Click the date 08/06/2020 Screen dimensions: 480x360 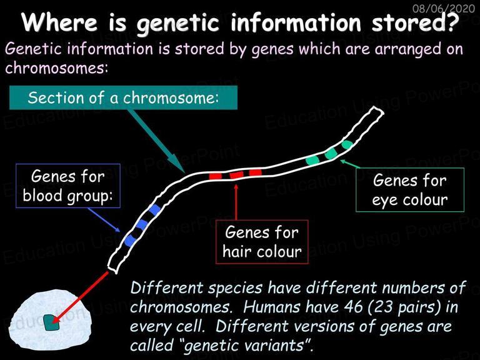point(444,8)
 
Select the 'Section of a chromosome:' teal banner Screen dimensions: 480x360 point(123,97)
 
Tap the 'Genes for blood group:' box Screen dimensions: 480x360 point(68,186)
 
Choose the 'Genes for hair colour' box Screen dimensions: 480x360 point(262,242)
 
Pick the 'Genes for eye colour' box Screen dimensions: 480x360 point(410,189)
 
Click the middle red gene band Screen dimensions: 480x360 point(237,175)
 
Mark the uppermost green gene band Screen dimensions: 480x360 point(347,144)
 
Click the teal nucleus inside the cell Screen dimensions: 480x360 point(51,322)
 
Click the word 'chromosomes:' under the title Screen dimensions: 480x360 point(57,67)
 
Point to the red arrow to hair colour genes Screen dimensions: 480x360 point(236,201)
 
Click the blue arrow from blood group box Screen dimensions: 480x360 point(104,220)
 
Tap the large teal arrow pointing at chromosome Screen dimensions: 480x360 point(157,141)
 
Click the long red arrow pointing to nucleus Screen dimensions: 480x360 point(80,297)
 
